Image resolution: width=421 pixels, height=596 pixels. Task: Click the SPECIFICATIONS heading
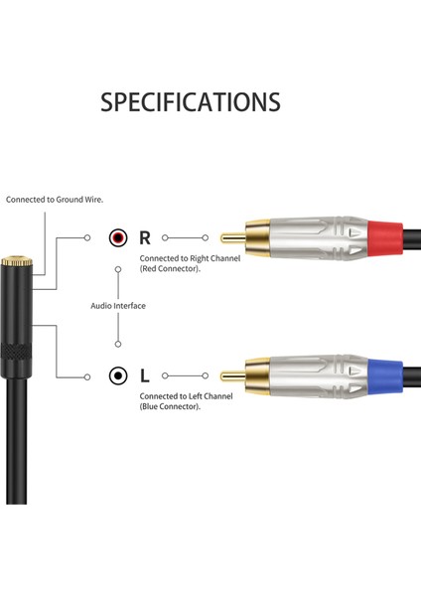pyautogui.click(x=191, y=101)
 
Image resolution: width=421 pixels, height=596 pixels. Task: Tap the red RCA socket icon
pyautogui.click(x=118, y=238)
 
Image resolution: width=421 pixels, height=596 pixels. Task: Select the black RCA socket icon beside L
pyautogui.click(x=118, y=375)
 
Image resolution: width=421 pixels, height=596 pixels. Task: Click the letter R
pyautogui.click(x=145, y=238)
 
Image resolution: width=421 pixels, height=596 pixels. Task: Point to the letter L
pyautogui.click(x=145, y=375)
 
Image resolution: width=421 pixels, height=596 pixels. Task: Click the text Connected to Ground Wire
pyautogui.click(x=55, y=200)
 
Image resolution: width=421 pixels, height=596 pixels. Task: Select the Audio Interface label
pyautogui.click(x=118, y=306)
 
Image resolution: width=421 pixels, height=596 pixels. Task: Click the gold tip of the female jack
pyautogui.click(x=13, y=262)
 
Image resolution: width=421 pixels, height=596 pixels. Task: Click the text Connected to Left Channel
pyautogui.click(x=186, y=396)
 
